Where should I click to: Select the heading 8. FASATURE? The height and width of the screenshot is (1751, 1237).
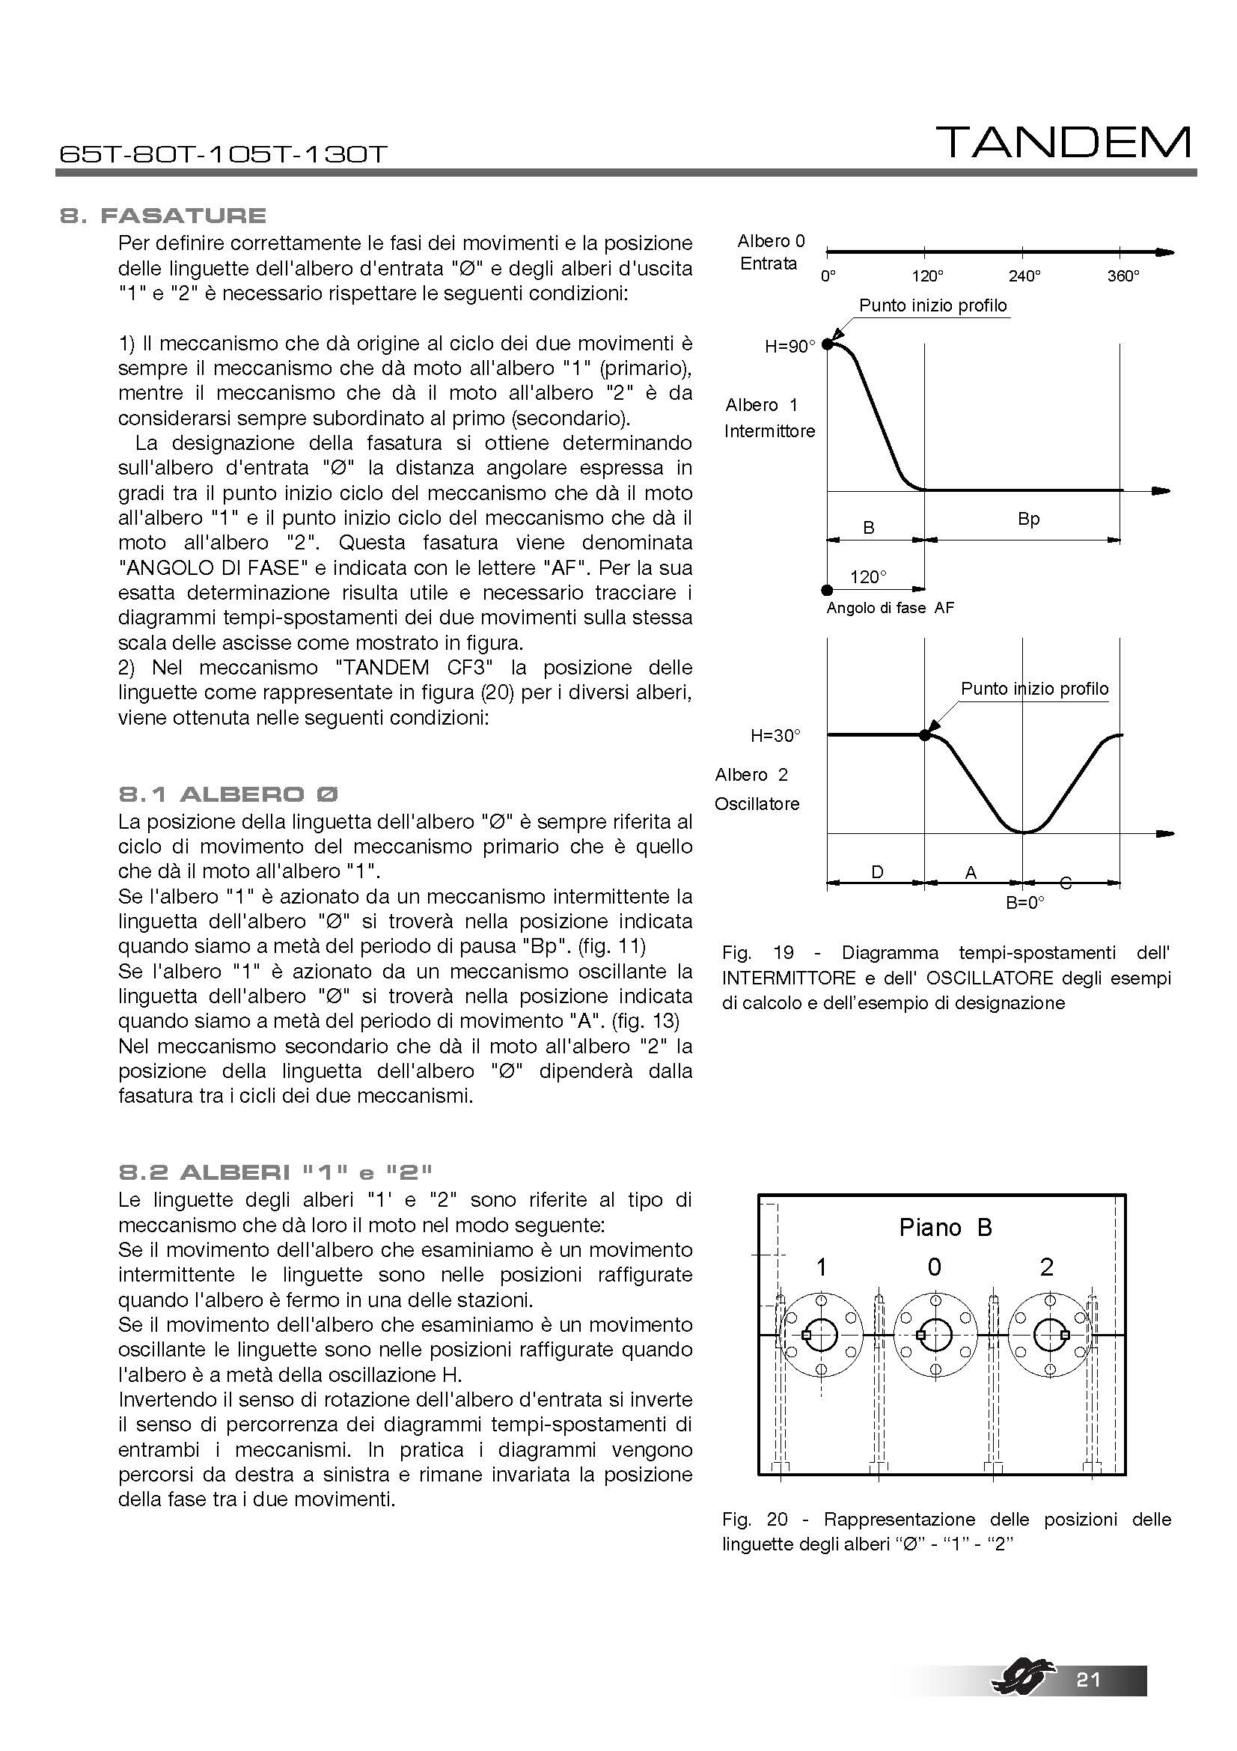[163, 216]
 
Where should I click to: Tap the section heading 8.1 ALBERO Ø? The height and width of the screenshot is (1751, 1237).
[229, 795]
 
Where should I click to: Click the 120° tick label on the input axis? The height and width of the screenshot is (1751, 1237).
[926, 276]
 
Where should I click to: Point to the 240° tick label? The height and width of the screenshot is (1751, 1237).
[1024, 276]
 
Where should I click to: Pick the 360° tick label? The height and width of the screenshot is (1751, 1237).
[1123, 276]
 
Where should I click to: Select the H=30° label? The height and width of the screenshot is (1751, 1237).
[775, 736]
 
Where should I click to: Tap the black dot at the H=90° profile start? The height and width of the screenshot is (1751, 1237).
[828, 344]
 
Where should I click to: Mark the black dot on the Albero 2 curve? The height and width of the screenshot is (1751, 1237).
[924, 735]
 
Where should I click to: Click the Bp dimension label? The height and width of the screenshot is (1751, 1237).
[1028, 520]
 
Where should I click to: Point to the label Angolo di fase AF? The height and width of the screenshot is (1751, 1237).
[891, 608]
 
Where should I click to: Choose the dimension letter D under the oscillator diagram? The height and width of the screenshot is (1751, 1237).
[877, 871]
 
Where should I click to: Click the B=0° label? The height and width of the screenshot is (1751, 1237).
[1024, 903]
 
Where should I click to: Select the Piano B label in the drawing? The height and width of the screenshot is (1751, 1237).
[945, 1228]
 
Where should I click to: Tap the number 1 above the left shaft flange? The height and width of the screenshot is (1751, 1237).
[821, 1267]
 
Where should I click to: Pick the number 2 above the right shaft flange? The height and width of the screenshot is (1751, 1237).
[1046, 1267]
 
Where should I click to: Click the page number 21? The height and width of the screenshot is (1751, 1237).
[1088, 1701]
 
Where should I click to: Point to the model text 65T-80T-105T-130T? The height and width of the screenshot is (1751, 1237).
[223, 155]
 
